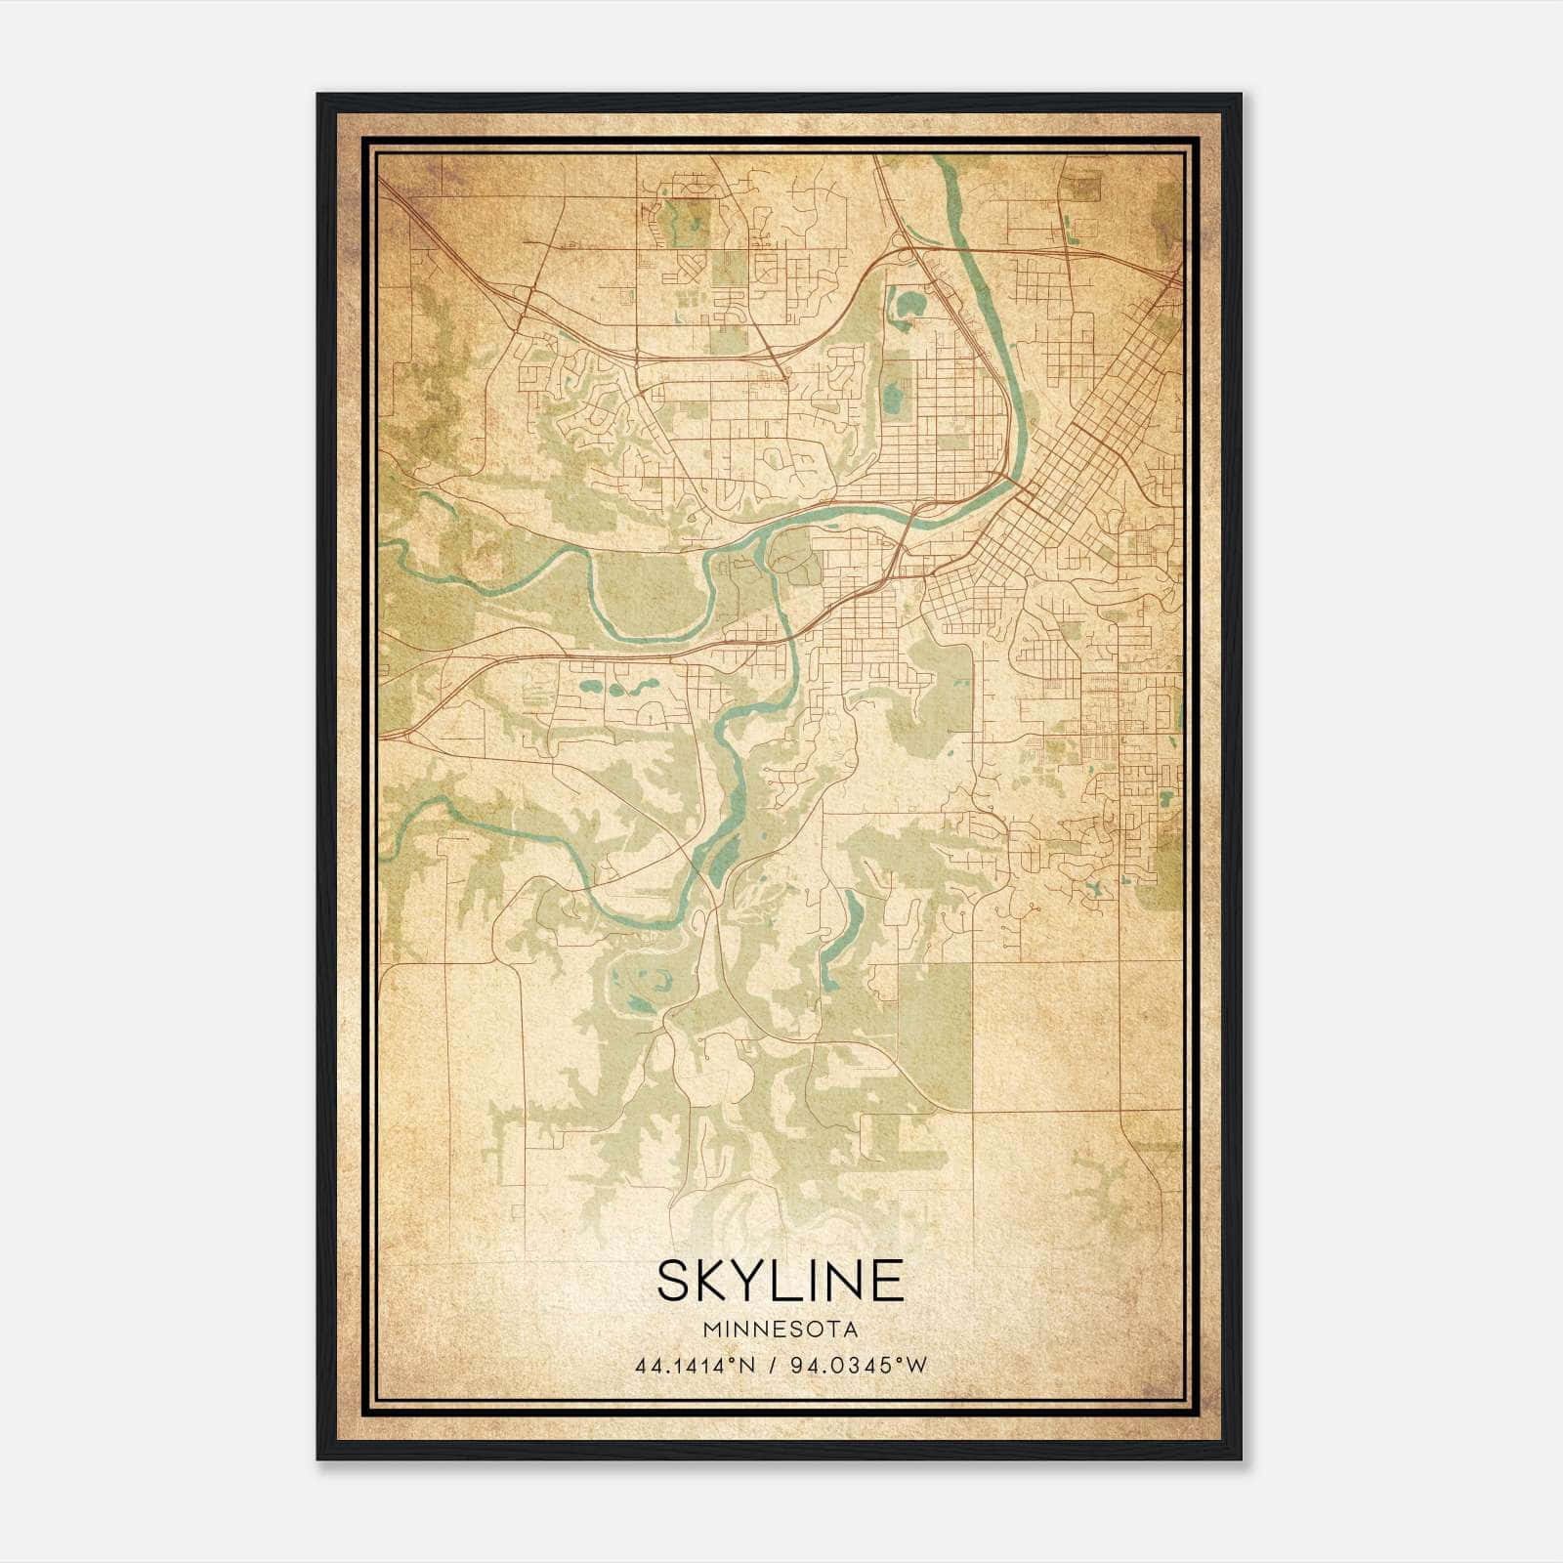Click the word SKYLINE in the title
click(780, 1281)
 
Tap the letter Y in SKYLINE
click(731, 1281)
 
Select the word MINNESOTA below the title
click(780, 1330)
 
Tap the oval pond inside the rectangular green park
click(892, 398)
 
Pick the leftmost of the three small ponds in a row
click(589, 687)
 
